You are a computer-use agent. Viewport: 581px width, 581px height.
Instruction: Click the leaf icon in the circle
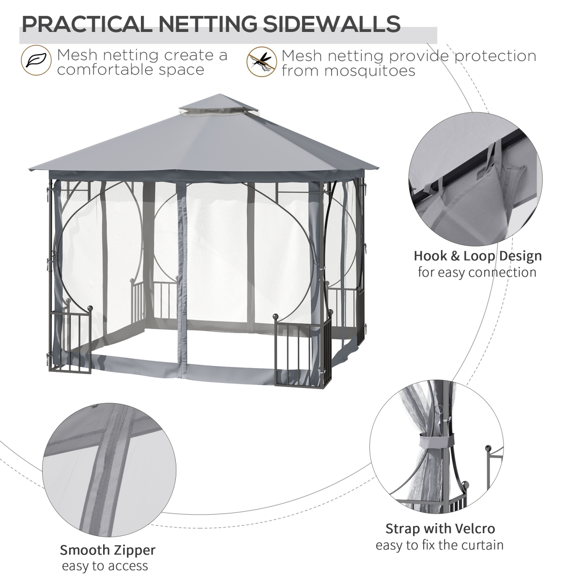point(35,61)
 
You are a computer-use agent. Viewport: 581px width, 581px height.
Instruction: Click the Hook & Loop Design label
point(477,256)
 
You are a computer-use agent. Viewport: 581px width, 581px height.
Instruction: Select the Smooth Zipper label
point(107,550)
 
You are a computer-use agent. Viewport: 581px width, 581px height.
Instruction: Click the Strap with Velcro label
point(440,529)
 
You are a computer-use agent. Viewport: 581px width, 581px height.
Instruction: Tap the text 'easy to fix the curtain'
point(440,545)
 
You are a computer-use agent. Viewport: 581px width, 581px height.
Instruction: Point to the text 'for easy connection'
point(477,272)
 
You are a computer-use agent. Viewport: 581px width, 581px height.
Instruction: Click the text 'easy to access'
point(105,566)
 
